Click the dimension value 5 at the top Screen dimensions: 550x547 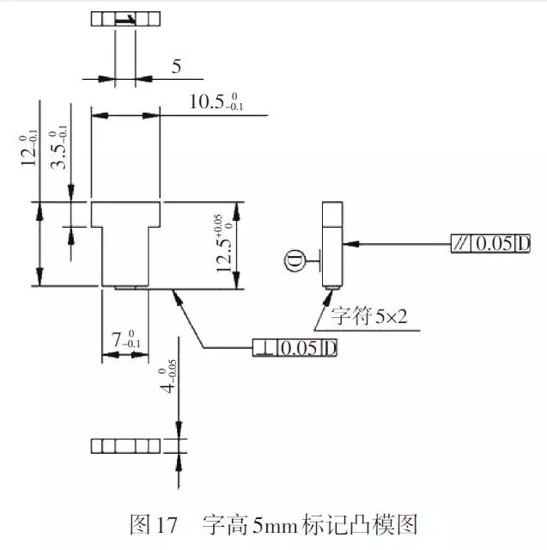click(176, 65)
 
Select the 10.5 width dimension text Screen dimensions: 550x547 click(216, 102)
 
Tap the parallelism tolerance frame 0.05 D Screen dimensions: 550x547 click(492, 243)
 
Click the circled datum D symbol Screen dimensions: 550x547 click(295, 257)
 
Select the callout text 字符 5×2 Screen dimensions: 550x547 click(361, 319)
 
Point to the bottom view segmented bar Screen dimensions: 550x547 click(125, 445)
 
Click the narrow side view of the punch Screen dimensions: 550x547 click(332, 244)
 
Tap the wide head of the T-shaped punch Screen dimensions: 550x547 click(125, 214)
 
